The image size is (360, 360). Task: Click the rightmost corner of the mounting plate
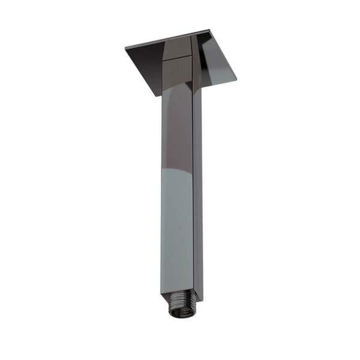coord(236,78)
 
